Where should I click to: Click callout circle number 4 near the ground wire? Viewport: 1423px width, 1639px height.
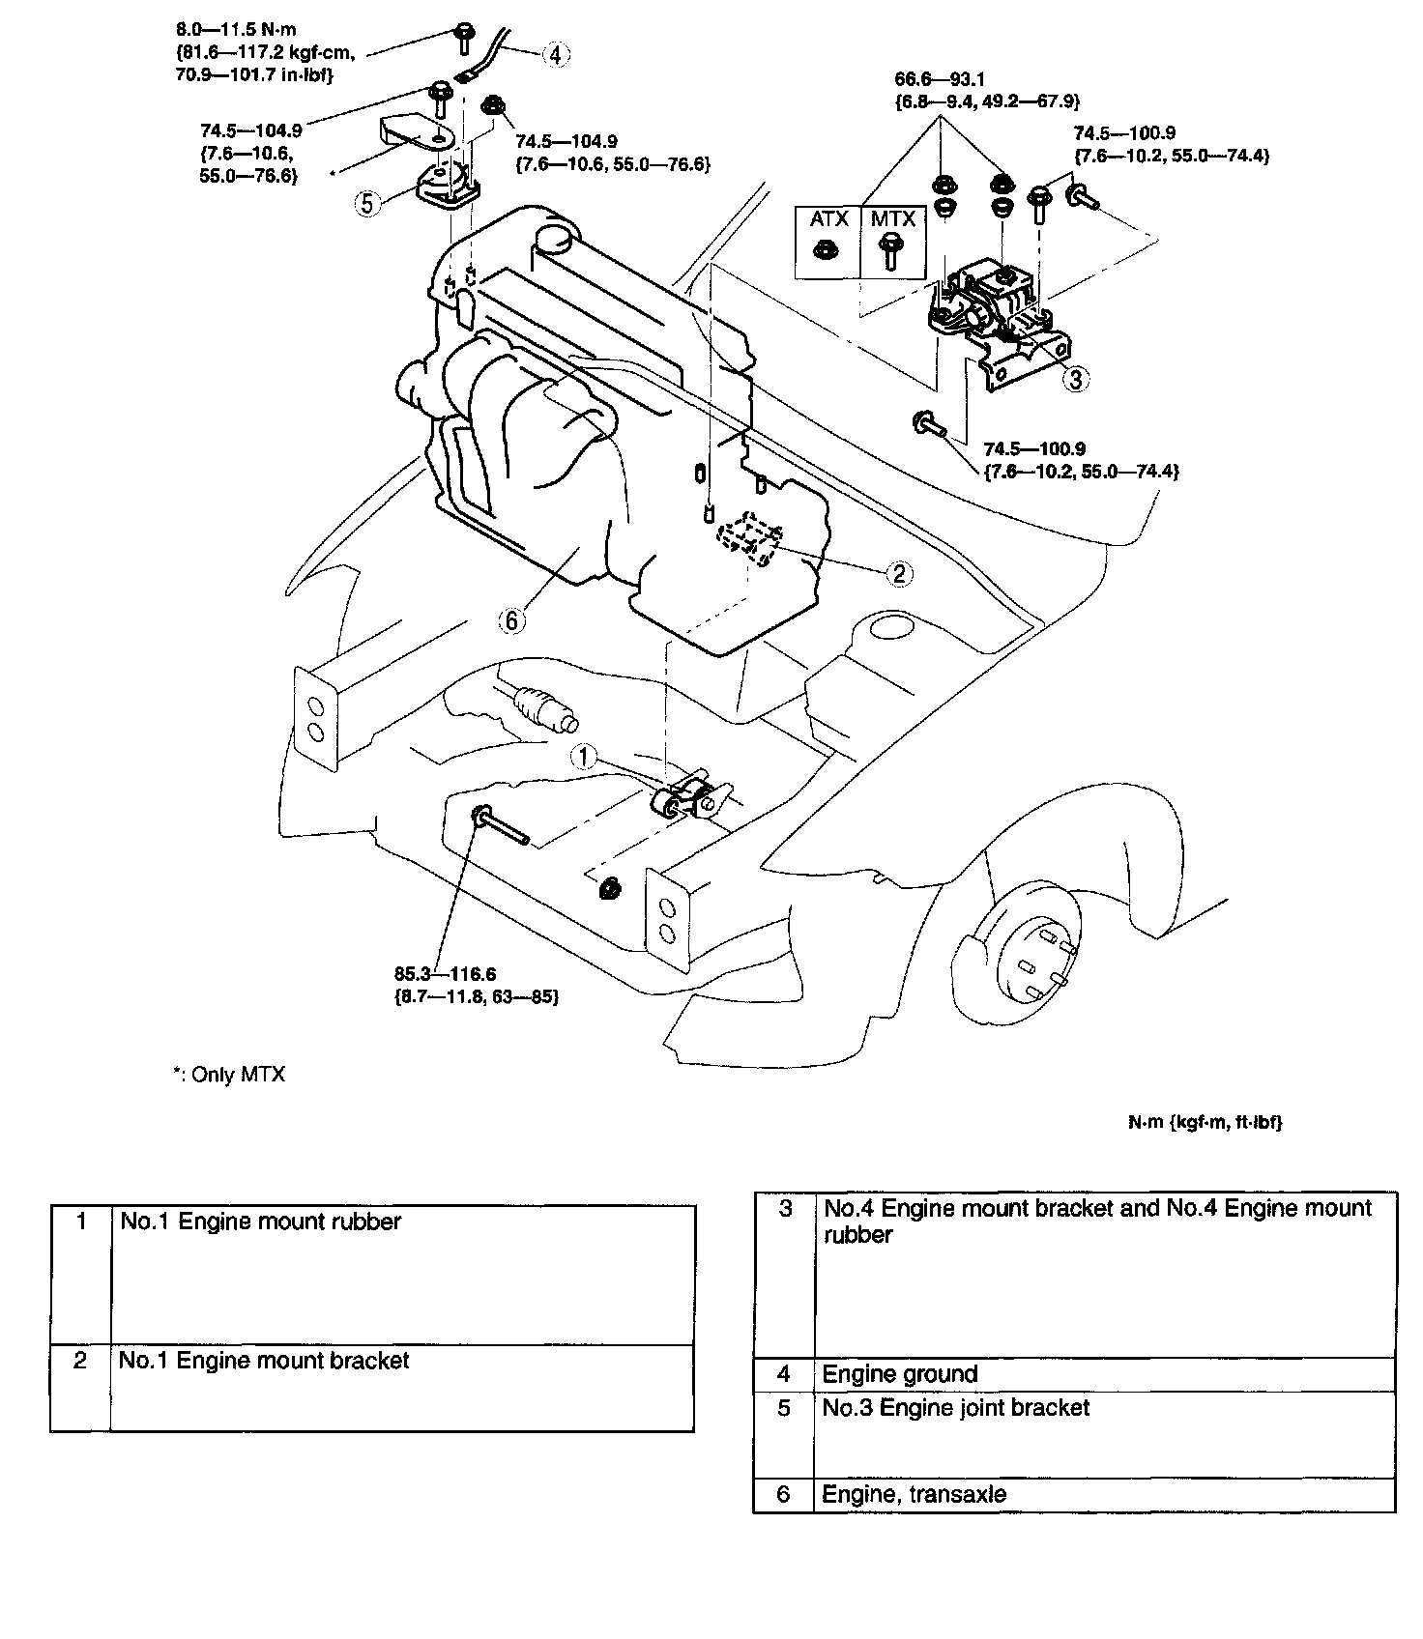(555, 54)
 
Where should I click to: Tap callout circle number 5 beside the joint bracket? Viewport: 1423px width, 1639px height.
(366, 203)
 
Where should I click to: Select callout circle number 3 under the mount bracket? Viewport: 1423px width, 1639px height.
(1075, 379)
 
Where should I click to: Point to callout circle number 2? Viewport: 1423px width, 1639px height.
(898, 574)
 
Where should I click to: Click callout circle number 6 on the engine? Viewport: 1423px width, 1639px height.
(511, 619)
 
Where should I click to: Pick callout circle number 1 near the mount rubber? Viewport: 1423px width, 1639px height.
(584, 757)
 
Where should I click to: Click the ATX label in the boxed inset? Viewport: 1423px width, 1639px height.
(828, 219)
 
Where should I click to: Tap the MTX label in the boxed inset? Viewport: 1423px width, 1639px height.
(892, 219)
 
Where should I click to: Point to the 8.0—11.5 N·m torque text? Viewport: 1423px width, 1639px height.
(248, 30)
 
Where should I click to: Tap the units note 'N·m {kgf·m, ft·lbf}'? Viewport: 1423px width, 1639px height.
(1205, 1122)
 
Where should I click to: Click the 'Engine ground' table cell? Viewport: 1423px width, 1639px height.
(900, 1374)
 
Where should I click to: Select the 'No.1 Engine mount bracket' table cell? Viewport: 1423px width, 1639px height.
(264, 1361)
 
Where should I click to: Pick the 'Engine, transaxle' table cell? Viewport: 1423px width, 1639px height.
(914, 1494)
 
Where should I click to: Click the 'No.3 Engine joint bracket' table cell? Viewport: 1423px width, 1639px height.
(955, 1407)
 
